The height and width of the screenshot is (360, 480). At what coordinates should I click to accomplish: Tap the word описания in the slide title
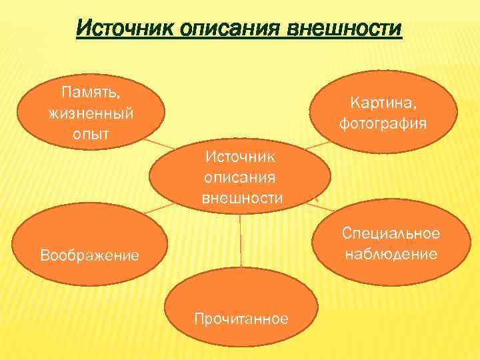227,29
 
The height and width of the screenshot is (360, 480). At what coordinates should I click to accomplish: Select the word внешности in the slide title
344,29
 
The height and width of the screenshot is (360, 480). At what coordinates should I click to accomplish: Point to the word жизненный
91,112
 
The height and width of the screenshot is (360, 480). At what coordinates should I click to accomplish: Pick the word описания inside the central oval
240,178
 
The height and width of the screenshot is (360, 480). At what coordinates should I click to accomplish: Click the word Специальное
391,233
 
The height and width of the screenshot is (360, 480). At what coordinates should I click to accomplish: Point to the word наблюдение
391,253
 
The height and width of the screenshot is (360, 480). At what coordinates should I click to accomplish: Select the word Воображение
89,254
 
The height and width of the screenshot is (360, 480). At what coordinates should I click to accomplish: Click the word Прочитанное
241,318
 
